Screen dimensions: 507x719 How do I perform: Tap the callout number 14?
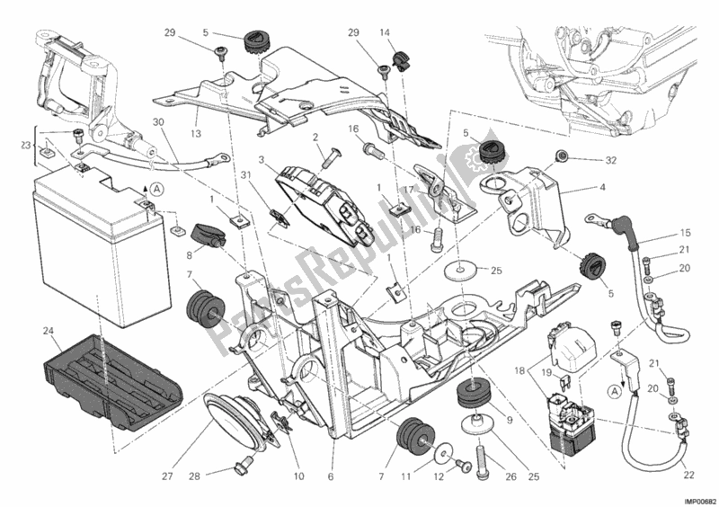coord(385,32)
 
